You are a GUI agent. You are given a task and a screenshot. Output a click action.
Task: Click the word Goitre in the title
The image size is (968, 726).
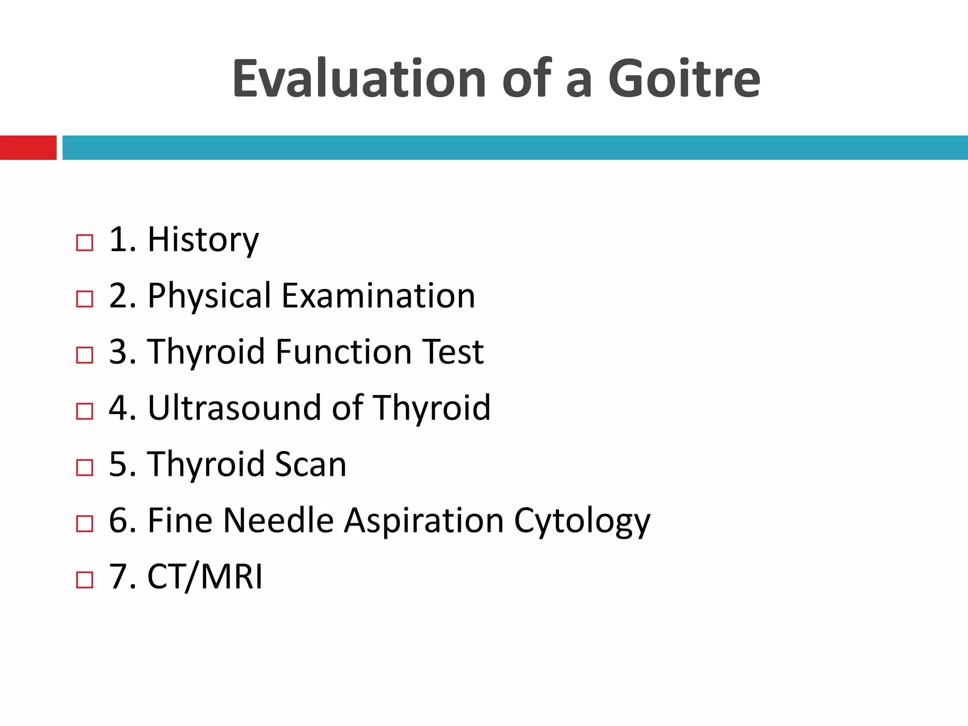point(684,79)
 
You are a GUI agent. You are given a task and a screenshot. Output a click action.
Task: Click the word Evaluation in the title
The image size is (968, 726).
point(359,79)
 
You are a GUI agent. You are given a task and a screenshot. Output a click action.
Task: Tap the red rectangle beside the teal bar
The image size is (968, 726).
point(28,147)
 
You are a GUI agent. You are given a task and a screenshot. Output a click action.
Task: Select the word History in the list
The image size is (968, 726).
point(203,240)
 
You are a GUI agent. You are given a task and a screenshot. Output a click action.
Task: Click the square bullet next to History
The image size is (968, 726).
point(85,243)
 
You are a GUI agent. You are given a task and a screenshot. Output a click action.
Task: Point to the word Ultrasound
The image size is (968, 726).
point(234,408)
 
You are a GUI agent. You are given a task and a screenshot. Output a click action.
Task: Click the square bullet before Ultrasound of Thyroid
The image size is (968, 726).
point(85,411)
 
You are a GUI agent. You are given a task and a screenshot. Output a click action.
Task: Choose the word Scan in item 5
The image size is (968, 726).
point(311,464)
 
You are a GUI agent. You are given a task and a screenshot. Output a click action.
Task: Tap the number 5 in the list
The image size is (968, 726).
point(118,464)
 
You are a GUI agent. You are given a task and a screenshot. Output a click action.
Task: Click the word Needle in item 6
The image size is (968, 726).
point(278,520)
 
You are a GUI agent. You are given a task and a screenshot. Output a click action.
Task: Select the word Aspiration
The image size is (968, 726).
point(423,520)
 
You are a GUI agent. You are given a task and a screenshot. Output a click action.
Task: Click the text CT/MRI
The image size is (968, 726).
point(205,577)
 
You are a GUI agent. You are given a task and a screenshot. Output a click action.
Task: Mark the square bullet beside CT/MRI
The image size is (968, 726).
point(85,579)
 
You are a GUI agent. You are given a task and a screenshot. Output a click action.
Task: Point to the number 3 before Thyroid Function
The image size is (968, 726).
point(118,352)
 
